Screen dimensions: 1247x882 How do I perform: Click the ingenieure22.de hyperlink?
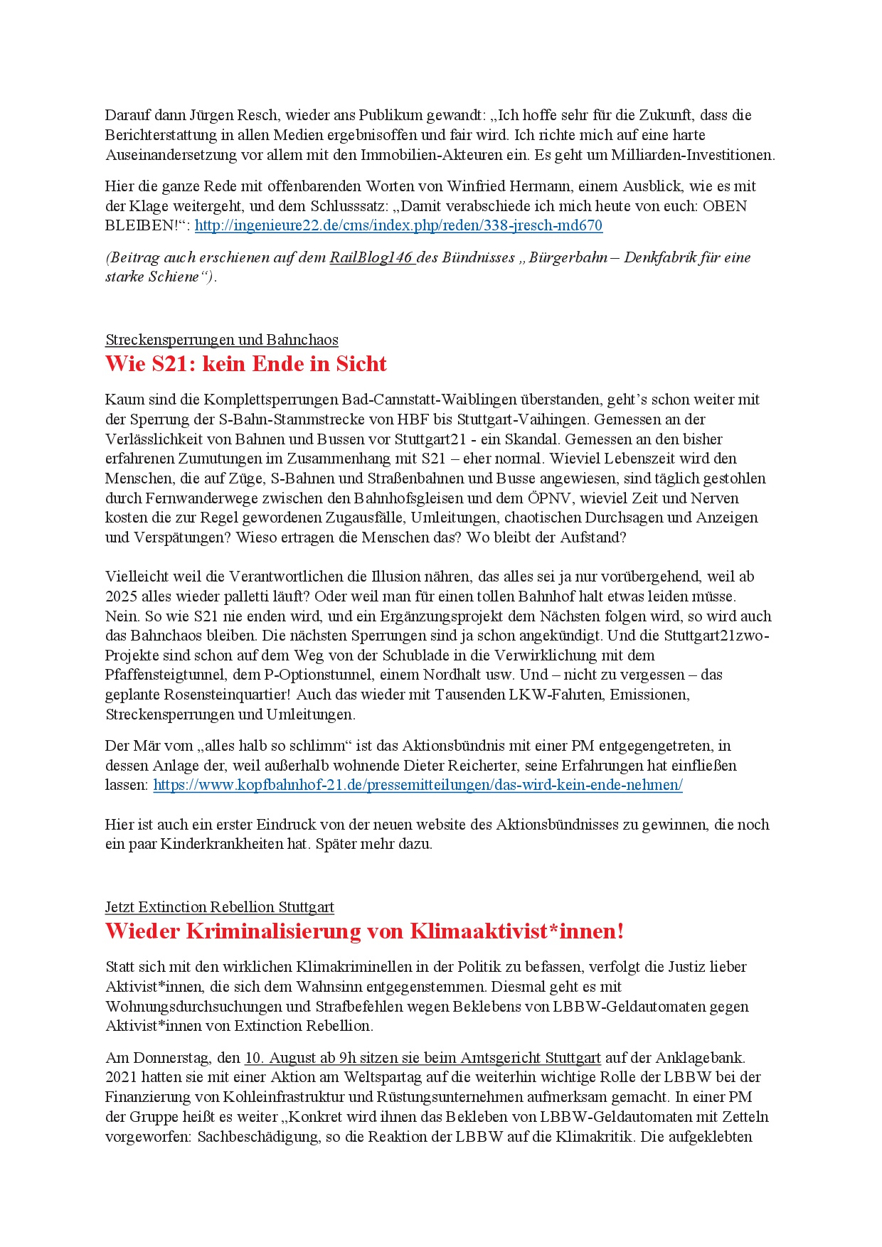click(398, 225)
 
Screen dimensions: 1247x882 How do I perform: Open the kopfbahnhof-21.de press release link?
click(418, 785)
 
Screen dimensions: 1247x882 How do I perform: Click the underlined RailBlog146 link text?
click(371, 257)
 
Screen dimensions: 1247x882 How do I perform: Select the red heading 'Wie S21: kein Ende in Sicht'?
click(245, 364)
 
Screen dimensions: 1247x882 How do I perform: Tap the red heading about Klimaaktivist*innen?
click(364, 931)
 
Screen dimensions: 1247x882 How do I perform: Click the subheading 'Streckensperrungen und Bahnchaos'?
click(221, 340)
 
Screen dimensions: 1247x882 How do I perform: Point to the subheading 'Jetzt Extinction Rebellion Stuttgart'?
click(219, 907)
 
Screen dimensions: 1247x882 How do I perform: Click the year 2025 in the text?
click(121, 596)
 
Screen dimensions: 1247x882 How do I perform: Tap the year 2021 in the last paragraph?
click(121, 1077)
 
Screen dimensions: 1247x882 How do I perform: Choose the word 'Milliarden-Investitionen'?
click(694, 155)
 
